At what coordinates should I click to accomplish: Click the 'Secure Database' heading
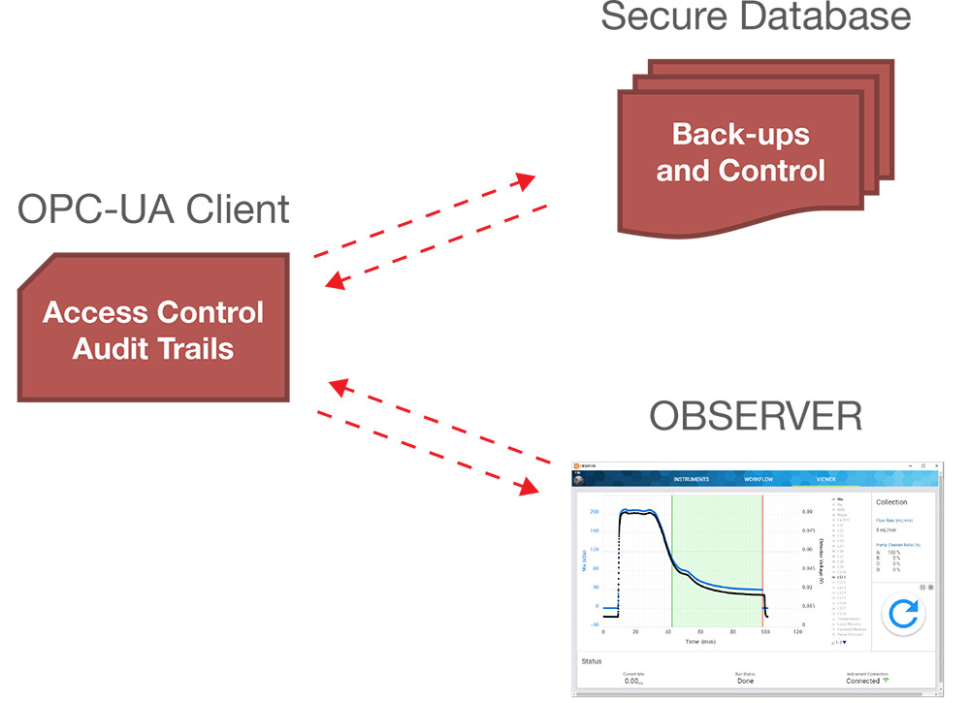756,16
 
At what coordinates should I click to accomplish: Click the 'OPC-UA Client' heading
153,209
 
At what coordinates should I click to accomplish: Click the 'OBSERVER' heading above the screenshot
755,416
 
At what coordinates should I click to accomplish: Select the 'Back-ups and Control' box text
740,152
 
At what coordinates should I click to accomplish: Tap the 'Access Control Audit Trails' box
153,330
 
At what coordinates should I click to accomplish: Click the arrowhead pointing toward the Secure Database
525,181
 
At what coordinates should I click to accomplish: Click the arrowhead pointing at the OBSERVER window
529,486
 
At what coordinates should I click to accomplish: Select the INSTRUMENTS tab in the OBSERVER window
692,479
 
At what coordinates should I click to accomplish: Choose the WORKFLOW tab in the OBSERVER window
759,479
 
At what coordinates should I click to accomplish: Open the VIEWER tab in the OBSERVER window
825,479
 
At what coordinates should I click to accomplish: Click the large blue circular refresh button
903,614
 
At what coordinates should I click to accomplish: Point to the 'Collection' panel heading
891,502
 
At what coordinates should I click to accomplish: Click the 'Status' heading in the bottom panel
592,661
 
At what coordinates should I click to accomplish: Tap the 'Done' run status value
745,682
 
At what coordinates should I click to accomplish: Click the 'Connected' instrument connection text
862,682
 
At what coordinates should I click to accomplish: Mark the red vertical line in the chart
762,562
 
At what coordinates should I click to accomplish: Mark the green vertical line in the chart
672,562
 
